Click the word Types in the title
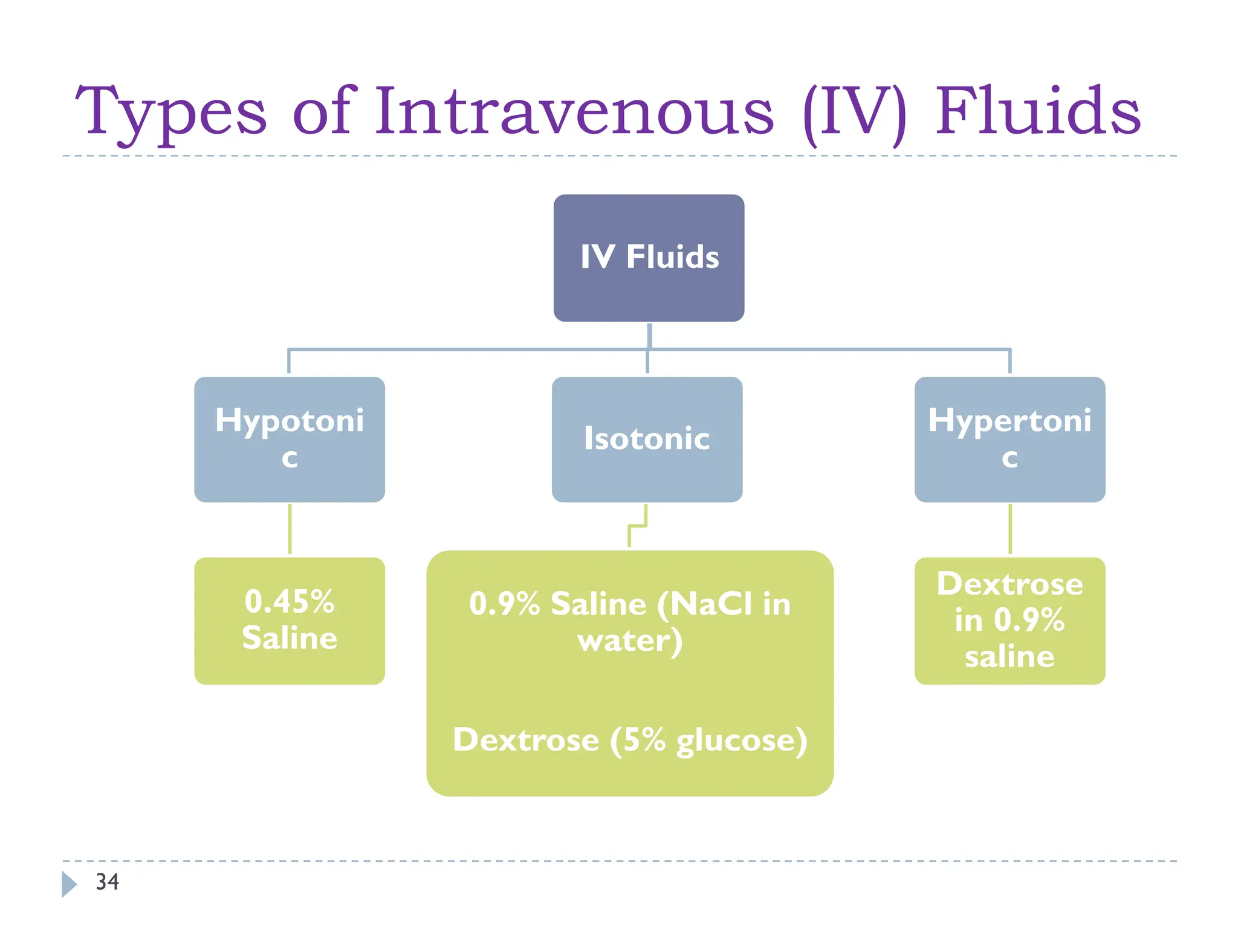pyautogui.click(x=170, y=112)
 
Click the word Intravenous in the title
pyautogui.click(x=574, y=111)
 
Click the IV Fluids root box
pyautogui.click(x=649, y=258)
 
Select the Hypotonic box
pyautogui.click(x=289, y=439)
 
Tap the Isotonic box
pyautogui.click(x=647, y=439)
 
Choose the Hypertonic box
pyautogui.click(x=1010, y=439)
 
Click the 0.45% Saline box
pyautogui.click(x=289, y=621)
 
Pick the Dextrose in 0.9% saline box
pyautogui.click(x=1010, y=621)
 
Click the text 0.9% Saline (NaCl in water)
pyautogui.click(x=630, y=622)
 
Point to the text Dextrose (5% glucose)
pyautogui.click(x=630, y=740)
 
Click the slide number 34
pyautogui.click(x=108, y=882)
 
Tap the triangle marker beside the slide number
pyautogui.click(x=69, y=884)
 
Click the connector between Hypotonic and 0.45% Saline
pyautogui.click(x=290, y=529)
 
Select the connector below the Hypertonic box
pyautogui.click(x=1010, y=529)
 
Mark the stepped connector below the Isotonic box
pyautogui.click(x=638, y=526)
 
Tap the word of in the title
pyautogui.click(x=321, y=111)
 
